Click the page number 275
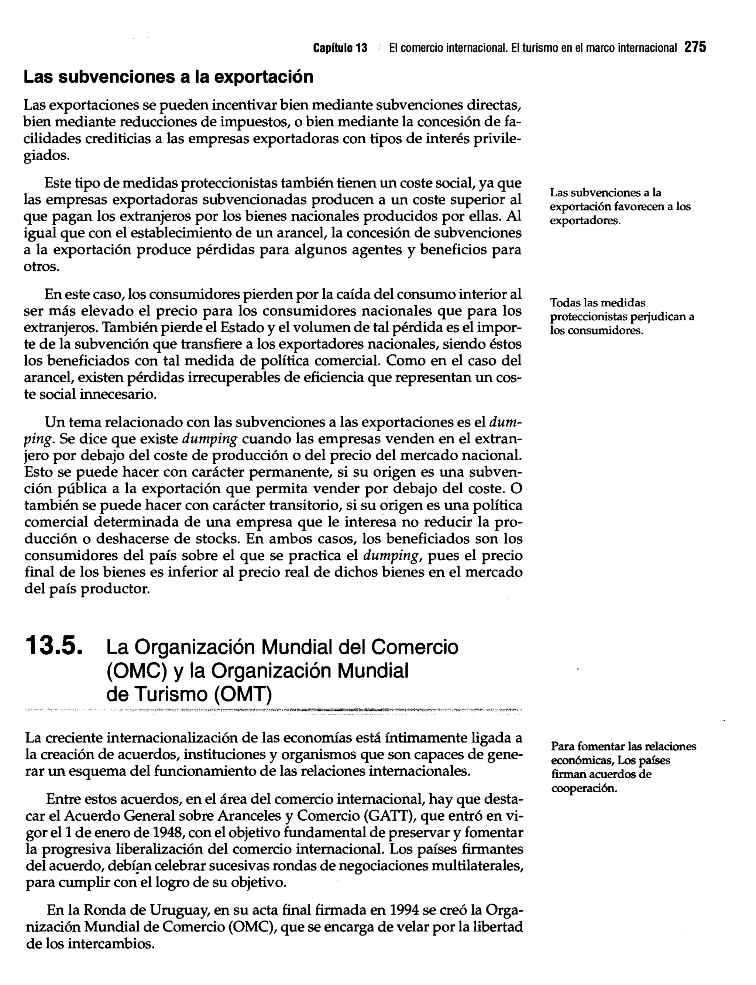click(x=695, y=47)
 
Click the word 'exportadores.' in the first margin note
click(x=585, y=221)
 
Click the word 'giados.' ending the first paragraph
click(x=47, y=156)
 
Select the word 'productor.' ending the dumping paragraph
click(x=115, y=588)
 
